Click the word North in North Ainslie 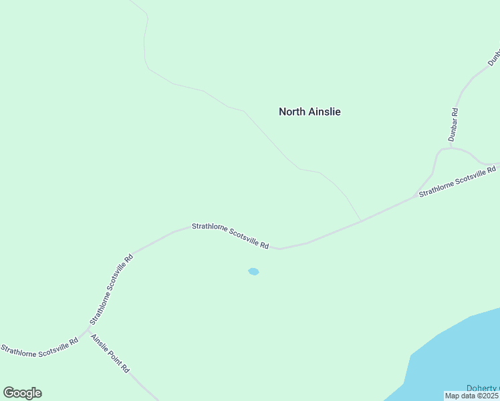[293, 112]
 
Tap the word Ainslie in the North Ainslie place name [324, 112]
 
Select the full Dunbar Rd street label [453, 124]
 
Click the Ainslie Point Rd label [110, 353]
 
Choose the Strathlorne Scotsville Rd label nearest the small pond [231, 236]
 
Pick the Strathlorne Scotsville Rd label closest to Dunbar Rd [458, 182]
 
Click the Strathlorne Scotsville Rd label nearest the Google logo [39, 349]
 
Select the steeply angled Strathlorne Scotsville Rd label [111, 289]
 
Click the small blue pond [253, 271]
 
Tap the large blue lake [461, 354]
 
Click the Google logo [22, 393]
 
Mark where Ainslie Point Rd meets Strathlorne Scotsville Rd [88, 329]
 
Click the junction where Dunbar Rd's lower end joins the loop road [449, 148]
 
